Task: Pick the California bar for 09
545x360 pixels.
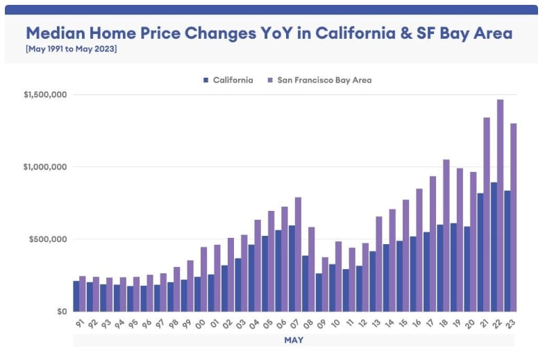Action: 319,292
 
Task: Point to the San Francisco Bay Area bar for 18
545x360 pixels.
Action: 446,235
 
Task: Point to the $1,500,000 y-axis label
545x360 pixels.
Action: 44,94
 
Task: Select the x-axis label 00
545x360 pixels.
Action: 201,323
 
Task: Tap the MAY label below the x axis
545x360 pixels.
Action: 294,341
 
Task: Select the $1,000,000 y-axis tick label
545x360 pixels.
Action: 44,167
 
